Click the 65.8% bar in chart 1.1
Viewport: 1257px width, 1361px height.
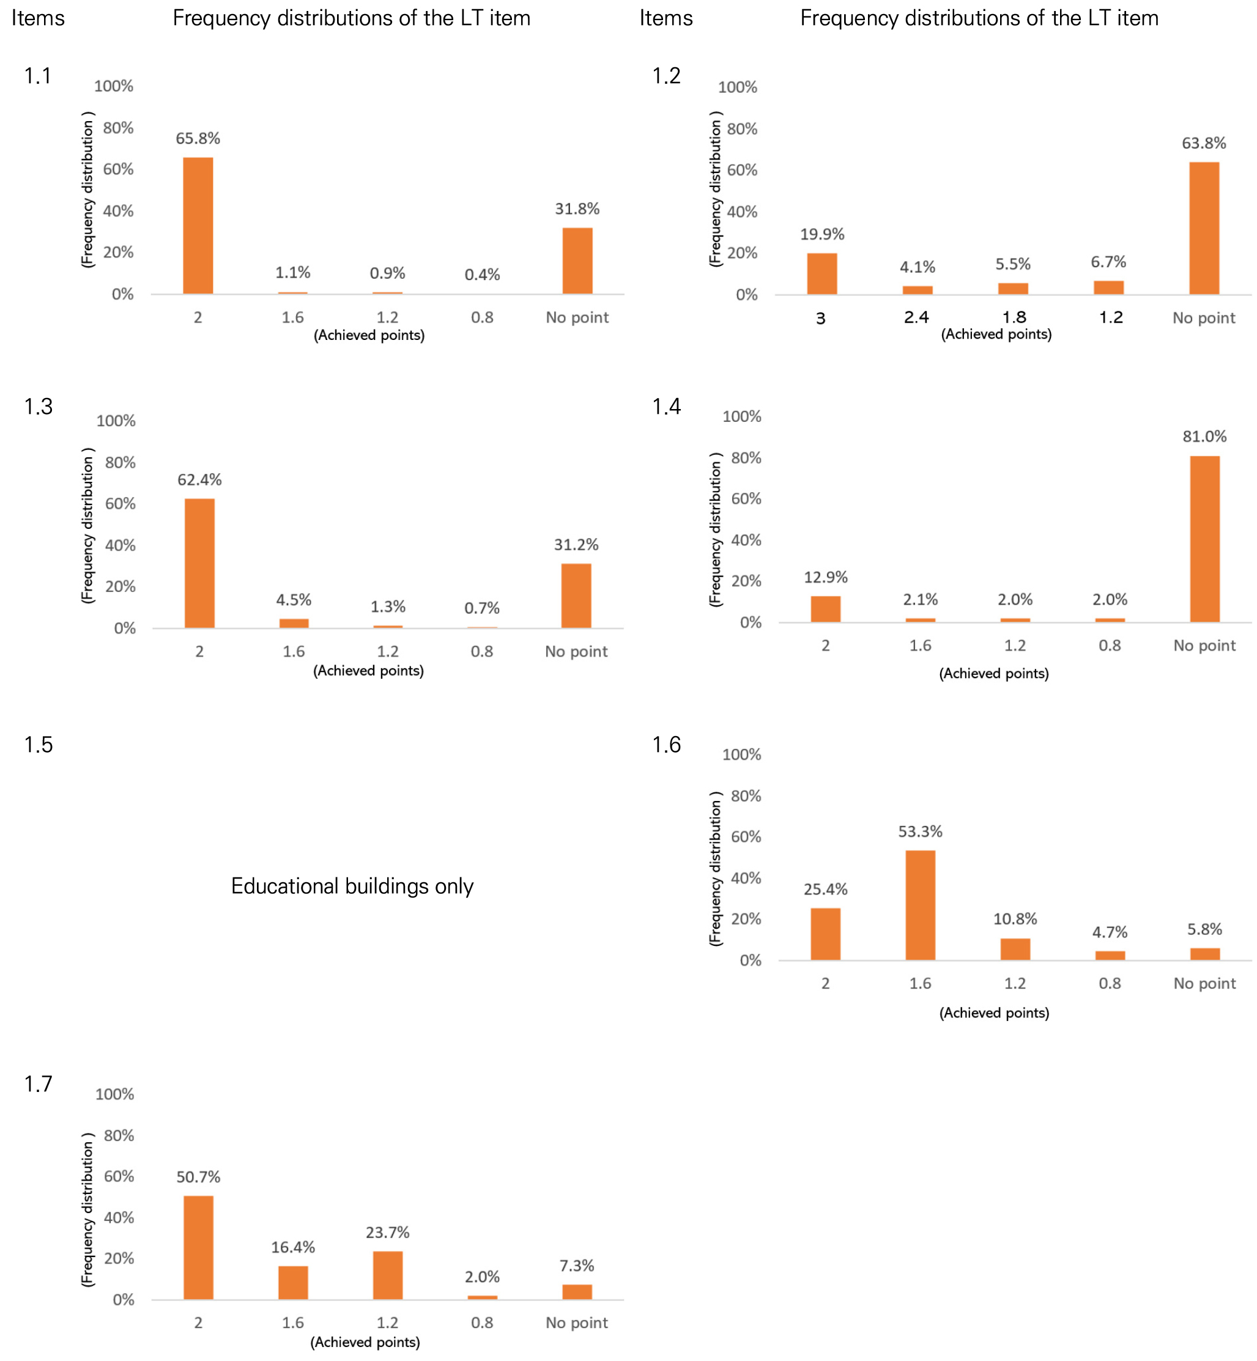(x=198, y=226)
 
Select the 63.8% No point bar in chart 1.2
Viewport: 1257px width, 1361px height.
(x=1204, y=229)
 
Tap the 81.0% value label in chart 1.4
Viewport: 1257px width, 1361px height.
(x=1204, y=437)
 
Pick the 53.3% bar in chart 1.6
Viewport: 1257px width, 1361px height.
(x=921, y=905)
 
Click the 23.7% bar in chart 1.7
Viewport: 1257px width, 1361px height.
(x=388, y=1275)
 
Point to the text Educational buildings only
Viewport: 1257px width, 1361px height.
(x=352, y=886)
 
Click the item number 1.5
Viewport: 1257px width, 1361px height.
(x=38, y=745)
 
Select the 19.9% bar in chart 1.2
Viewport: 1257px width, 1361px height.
(x=821, y=274)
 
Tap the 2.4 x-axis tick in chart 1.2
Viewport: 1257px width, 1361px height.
(x=916, y=317)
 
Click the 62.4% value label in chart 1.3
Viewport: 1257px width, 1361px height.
(x=199, y=480)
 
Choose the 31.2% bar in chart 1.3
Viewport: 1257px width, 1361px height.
(x=576, y=596)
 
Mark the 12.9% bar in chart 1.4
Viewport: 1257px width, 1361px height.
(x=825, y=609)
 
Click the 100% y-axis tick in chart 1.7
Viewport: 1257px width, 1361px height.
(x=114, y=1094)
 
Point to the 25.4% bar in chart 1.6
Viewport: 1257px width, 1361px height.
(x=825, y=934)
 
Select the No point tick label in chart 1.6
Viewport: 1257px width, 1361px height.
(x=1204, y=983)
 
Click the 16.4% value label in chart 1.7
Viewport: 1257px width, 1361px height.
(x=293, y=1247)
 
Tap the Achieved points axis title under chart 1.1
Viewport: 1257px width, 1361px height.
(x=369, y=335)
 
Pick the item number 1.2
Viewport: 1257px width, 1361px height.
(x=666, y=75)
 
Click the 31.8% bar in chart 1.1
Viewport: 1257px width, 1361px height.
(x=577, y=261)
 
